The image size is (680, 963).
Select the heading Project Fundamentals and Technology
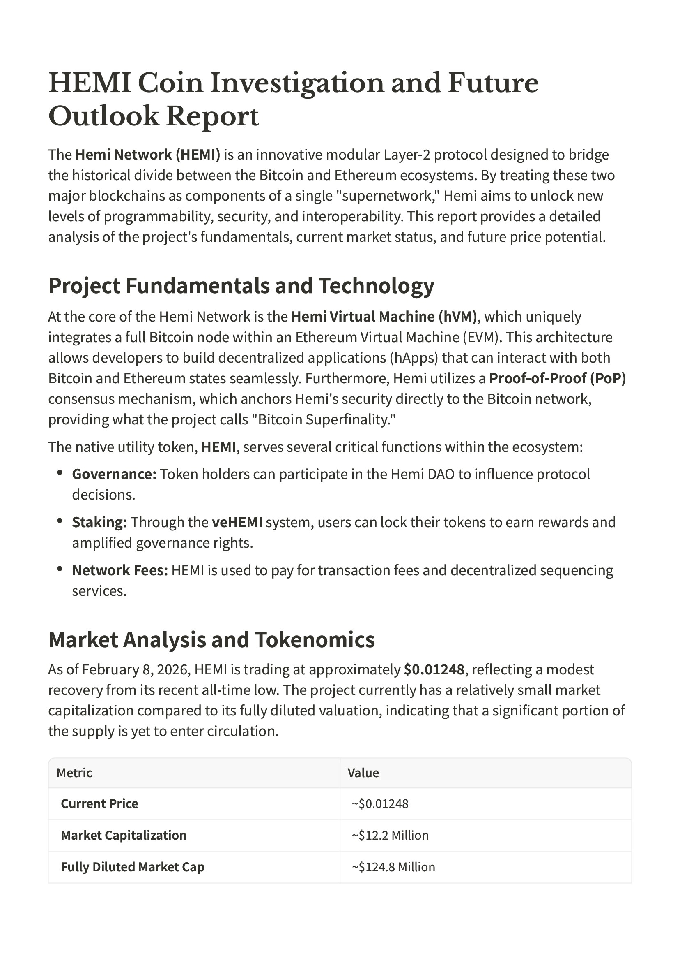pyautogui.click(x=241, y=286)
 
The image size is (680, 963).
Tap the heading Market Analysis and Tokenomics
pyautogui.click(x=211, y=640)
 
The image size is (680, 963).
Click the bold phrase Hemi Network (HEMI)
pyautogui.click(x=147, y=155)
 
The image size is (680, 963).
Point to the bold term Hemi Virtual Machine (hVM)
pyautogui.click(x=384, y=317)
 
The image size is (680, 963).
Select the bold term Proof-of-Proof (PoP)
pyautogui.click(x=557, y=378)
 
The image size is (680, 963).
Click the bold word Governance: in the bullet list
pyautogui.click(x=114, y=475)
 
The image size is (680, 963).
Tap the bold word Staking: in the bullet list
pyautogui.click(x=99, y=523)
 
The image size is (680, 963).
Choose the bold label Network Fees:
pyautogui.click(x=120, y=570)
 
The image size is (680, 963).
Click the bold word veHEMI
pyautogui.click(x=237, y=523)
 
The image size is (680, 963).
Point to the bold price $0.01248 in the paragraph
pyautogui.click(x=434, y=670)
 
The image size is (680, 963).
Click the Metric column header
pyautogui.click(x=74, y=773)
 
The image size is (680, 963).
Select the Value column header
pyautogui.click(x=363, y=773)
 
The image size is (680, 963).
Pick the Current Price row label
pyautogui.click(x=99, y=803)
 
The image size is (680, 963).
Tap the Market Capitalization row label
pyautogui.click(x=124, y=836)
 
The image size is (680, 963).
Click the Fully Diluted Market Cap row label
pyautogui.click(x=132, y=867)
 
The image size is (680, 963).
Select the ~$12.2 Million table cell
pyautogui.click(x=390, y=836)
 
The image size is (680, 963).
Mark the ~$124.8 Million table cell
pyautogui.click(x=393, y=867)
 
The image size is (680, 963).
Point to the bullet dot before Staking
pyautogui.click(x=60, y=521)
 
